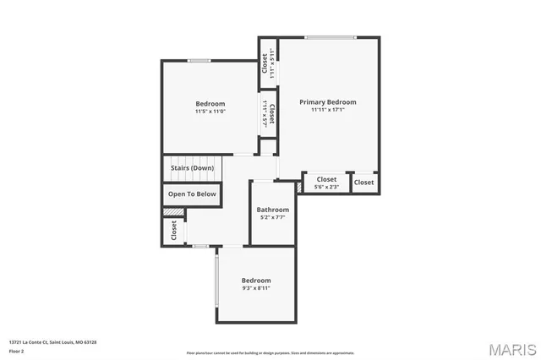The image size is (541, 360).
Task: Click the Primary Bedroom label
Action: (x=327, y=101)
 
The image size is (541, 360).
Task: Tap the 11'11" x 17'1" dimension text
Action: (x=327, y=109)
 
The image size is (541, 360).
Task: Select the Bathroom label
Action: (x=273, y=210)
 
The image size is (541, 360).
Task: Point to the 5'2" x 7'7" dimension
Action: (x=273, y=217)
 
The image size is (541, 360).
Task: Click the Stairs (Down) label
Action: (x=192, y=168)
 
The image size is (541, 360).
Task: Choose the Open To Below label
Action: (x=192, y=194)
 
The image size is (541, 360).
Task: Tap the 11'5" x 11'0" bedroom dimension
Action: (x=210, y=112)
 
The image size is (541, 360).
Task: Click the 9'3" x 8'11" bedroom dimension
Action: (x=256, y=288)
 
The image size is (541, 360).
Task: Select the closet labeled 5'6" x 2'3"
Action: (x=326, y=183)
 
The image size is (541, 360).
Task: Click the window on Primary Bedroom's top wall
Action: (x=331, y=37)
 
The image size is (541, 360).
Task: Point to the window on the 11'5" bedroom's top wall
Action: (x=199, y=60)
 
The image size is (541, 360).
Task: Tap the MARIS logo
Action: (x=511, y=348)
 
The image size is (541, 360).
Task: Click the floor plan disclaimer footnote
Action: (x=270, y=353)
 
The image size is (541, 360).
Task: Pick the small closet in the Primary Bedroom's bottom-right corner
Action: (x=363, y=183)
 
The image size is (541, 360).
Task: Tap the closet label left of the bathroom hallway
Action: (x=174, y=231)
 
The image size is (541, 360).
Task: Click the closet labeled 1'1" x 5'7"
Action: (x=268, y=115)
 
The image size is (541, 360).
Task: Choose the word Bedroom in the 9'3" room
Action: (x=256, y=281)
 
